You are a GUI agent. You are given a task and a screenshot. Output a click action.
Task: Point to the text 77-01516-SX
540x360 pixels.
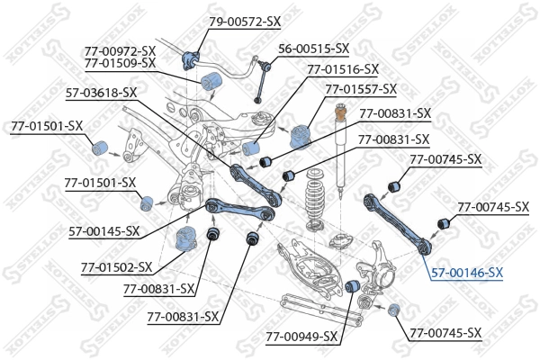343,68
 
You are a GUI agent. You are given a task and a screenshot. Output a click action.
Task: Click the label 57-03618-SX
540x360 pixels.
101,92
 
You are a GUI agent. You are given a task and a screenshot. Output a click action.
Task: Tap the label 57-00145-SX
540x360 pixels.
103,231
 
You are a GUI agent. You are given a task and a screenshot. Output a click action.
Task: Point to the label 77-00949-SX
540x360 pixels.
301,337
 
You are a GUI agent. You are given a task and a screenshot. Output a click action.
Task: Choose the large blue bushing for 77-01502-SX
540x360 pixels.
184,239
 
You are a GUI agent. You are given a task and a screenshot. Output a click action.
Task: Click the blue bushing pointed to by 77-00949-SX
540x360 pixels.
355,286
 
